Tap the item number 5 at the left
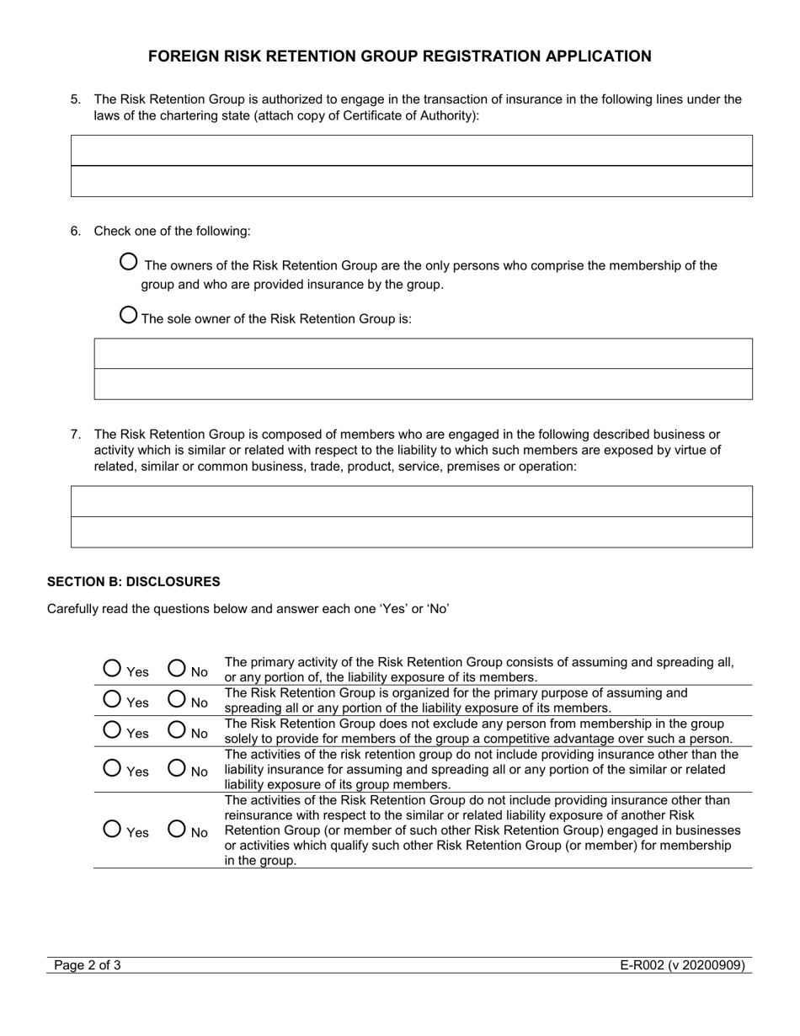[x=76, y=99]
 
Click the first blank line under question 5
[x=411, y=151]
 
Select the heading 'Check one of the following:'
[x=172, y=231]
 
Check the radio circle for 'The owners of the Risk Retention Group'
[x=129, y=262]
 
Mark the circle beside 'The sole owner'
[x=129, y=315]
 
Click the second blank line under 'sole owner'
[x=423, y=384]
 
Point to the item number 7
[x=76, y=435]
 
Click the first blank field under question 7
[x=411, y=501]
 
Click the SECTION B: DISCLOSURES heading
[x=133, y=581]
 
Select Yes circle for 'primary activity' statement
[x=112, y=668]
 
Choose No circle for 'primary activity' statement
[x=177, y=668]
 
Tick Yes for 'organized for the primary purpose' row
[x=112, y=698]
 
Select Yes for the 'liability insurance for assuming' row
[x=112, y=767]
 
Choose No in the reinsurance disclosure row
[x=177, y=829]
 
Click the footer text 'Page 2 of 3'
[x=88, y=965]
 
